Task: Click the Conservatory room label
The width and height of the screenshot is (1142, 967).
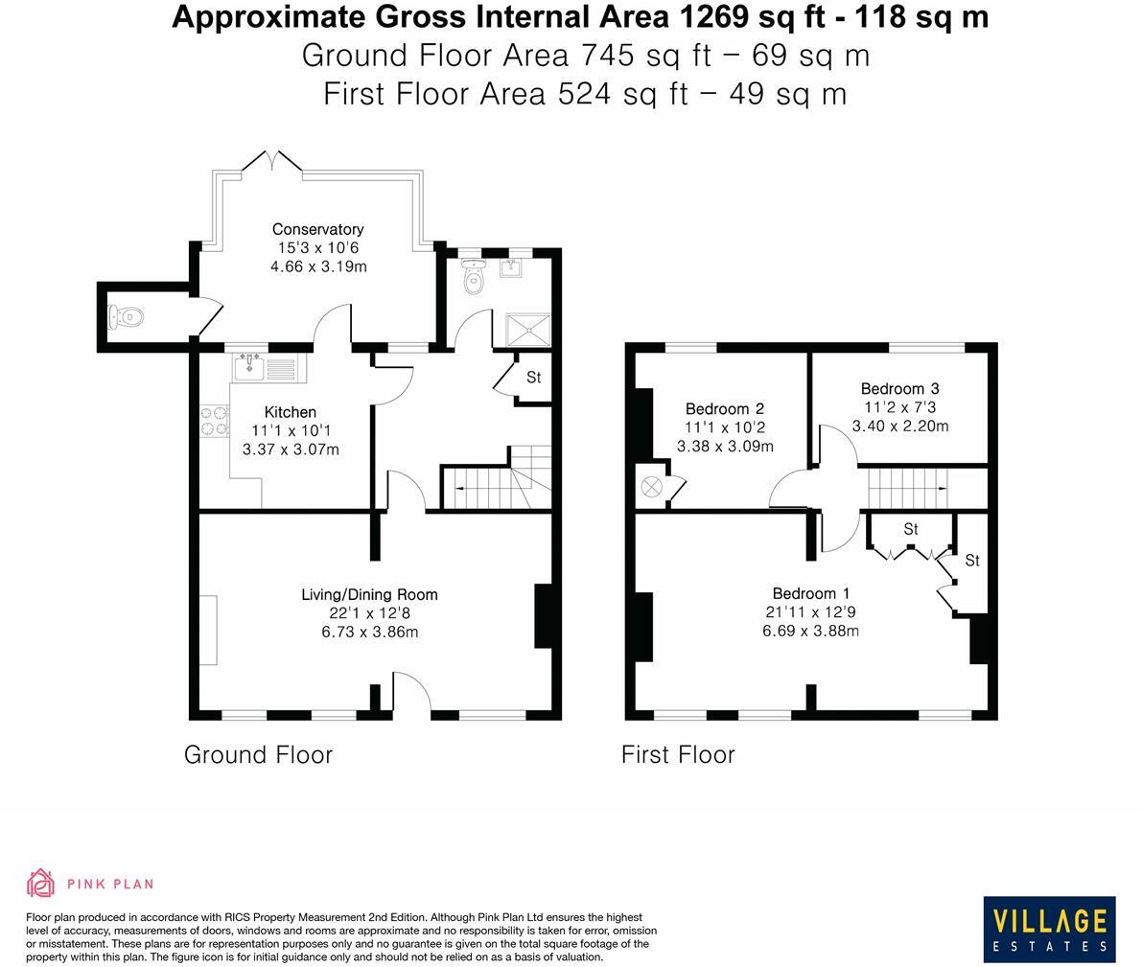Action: point(317,229)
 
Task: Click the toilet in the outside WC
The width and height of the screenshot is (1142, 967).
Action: point(128,315)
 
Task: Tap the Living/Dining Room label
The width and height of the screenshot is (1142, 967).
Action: point(369,594)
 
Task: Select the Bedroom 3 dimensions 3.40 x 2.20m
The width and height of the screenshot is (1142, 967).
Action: point(899,426)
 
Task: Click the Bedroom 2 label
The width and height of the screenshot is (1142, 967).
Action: point(724,409)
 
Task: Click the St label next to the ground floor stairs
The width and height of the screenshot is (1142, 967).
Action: point(533,378)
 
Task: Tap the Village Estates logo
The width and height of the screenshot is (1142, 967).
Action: point(1049,929)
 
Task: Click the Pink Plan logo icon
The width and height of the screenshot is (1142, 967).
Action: point(40,884)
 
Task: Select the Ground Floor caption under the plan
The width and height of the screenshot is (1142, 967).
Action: point(258,755)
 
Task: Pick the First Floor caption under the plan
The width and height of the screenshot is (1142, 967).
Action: point(678,755)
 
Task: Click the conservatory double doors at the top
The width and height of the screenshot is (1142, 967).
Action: point(271,161)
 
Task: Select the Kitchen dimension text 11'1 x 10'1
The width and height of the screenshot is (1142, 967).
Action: point(290,430)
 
